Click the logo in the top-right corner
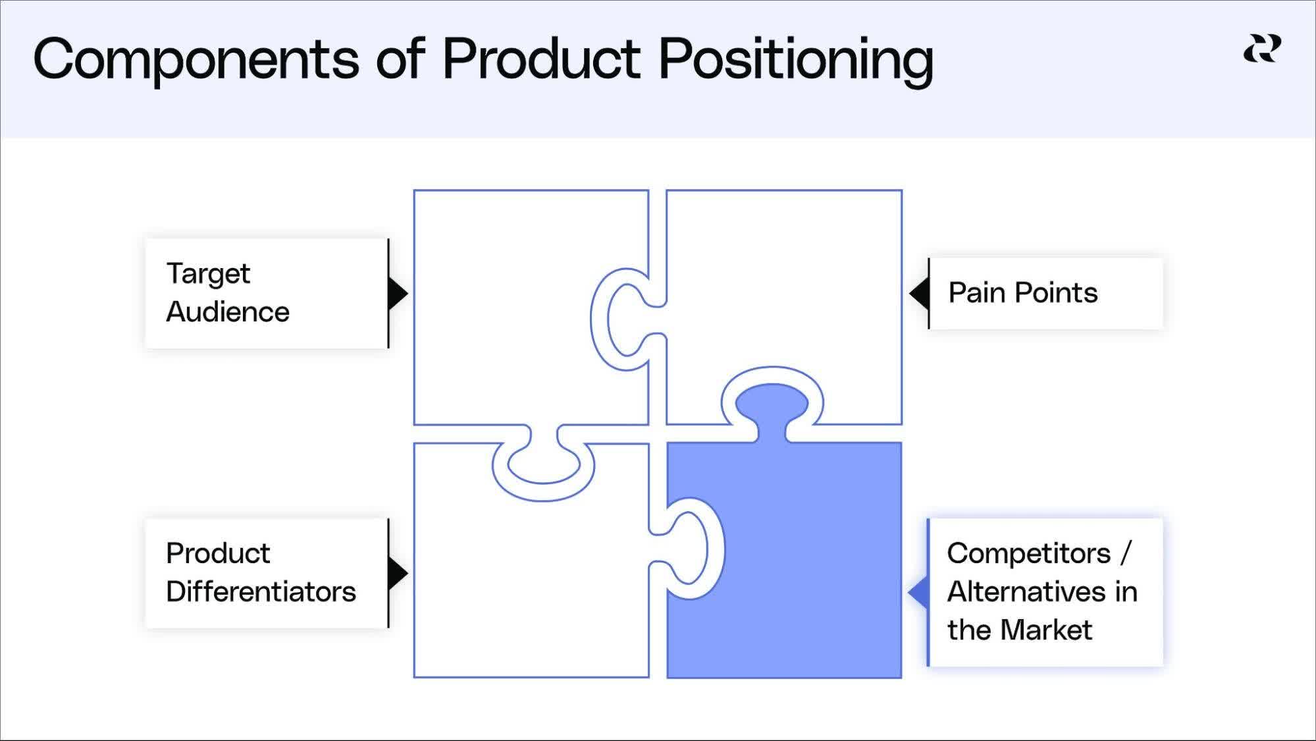(x=1262, y=49)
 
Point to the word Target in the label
(x=208, y=273)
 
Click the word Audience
(x=228, y=312)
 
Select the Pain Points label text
(x=1023, y=293)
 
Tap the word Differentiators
(x=261, y=591)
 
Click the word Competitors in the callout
(x=1028, y=553)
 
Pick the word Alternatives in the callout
(x=1030, y=591)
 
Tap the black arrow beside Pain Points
(x=919, y=293)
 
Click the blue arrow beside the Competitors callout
(x=918, y=593)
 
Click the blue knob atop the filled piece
(x=772, y=407)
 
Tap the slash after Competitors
(x=1125, y=553)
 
